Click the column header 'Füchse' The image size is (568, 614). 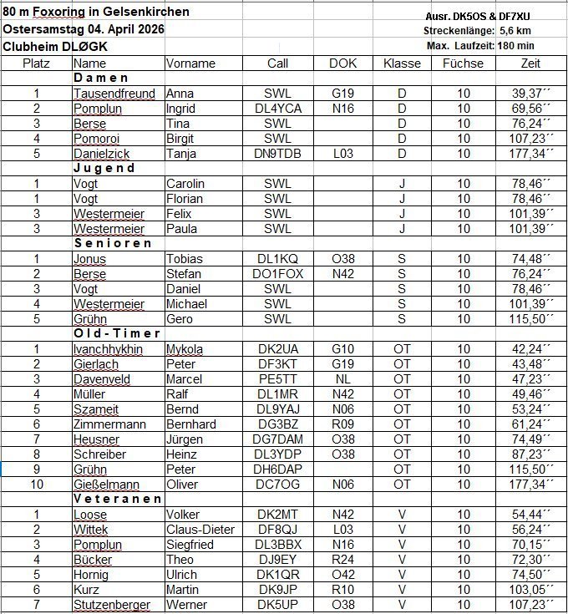(463, 63)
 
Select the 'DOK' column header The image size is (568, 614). (342, 63)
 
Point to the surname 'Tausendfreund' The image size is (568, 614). (114, 94)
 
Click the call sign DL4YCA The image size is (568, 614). (277, 109)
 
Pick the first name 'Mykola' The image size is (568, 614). (185, 349)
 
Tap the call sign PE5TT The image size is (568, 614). (277, 379)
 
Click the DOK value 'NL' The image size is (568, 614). (342, 379)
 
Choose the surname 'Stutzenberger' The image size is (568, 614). (112, 605)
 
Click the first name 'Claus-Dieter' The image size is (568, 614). (200, 530)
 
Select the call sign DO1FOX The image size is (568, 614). (277, 273)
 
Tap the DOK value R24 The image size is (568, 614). (342, 560)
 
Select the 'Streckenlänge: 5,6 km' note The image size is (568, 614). (479, 31)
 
